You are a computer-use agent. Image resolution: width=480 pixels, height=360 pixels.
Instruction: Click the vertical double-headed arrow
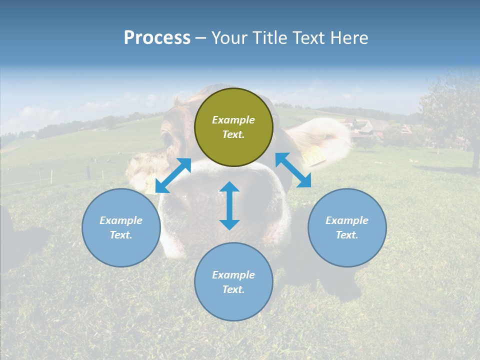point(229,205)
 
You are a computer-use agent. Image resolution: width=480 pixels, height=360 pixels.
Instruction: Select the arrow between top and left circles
point(173,175)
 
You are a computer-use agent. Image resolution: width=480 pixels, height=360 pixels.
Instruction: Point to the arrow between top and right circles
point(293,170)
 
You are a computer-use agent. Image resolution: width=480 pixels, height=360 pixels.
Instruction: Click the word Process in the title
point(157,37)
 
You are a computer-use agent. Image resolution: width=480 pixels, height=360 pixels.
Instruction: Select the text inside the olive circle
point(233,127)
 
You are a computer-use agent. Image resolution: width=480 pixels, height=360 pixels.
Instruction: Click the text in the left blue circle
point(121,227)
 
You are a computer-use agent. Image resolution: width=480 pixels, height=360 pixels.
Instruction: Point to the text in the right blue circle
point(347,227)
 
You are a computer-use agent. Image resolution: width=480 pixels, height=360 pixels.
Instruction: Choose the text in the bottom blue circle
point(233,282)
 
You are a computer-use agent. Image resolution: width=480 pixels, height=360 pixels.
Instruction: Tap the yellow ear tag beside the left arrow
point(150,185)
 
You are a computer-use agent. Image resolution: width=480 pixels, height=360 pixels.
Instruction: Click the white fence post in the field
point(51,176)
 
